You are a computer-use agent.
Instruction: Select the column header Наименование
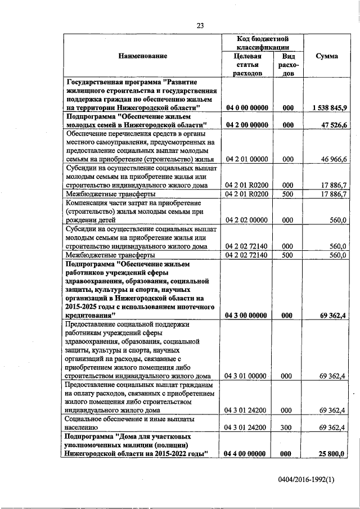coord(142,56)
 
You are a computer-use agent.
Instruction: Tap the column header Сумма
coord(326,56)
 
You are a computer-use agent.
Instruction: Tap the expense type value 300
coord(286,428)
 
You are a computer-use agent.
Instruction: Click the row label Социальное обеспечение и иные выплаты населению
coord(130,424)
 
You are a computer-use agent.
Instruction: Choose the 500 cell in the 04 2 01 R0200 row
coord(286,194)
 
